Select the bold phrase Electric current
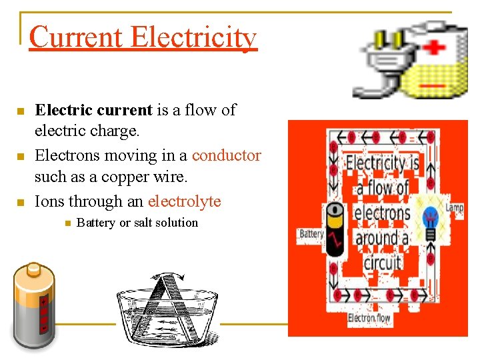(x=93, y=110)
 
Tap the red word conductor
(x=226, y=155)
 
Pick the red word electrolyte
(x=184, y=201)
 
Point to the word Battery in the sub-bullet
(x=95, y=223)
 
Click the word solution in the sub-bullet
(x=175, y=223)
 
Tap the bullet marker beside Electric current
(x=21, y=111)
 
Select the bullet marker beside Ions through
(x=21, y=201)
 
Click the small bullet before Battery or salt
(x=67, y=223)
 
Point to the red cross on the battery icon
(x=435, y=48)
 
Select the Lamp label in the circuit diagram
(x=454, y=208)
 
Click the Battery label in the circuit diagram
(x=311, y=234)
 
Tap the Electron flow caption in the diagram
(x=369, y=319)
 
